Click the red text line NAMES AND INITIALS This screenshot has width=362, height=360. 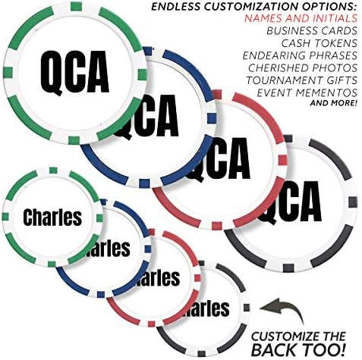(x=301, y=18)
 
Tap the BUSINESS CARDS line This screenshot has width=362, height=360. (x=312, y=31)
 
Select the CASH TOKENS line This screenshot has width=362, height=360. (x=320, y=43)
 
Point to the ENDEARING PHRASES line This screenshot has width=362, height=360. (x=300, y=55)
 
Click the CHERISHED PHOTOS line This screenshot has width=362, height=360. (x=303, y=67)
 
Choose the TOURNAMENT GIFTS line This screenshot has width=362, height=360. (x=302, y=80)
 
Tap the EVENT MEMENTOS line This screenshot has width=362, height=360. (x=307, y=92)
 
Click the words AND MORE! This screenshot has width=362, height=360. (x=334, y=103)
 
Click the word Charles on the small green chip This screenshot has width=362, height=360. (x=52, y=217)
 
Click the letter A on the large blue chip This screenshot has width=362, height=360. (x=166, y=115)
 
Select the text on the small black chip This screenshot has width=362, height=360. (x=208, y=308)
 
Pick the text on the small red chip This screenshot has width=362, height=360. (x=158, y=277)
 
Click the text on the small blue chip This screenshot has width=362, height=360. (x=108, y=249)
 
